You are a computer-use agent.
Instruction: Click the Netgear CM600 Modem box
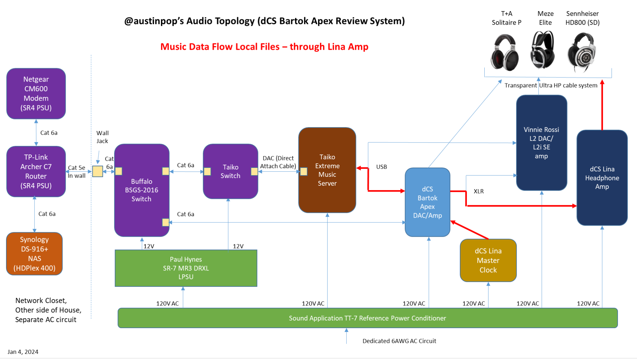coord(36,93)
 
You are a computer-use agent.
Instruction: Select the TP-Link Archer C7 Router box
coord(36,171)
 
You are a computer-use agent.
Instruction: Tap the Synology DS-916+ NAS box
coord(34,254)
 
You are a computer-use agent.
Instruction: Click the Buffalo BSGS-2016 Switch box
coord(141,190)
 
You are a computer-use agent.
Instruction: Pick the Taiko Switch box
coord(230,171)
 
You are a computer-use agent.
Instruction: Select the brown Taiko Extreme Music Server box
coord(327,170)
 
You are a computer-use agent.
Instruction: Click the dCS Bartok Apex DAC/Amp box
coord(427,202)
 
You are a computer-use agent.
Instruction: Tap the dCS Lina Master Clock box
coord(488,260)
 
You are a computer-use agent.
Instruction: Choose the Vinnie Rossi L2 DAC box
coord(541,143)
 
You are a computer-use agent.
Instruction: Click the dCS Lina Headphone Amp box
coord(602,178)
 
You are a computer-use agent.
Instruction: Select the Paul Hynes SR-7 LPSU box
coord(186,268)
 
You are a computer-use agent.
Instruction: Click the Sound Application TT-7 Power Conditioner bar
coord(367,318)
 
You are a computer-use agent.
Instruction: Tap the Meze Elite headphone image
coord(543,50)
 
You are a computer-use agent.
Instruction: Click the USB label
coord(381,167)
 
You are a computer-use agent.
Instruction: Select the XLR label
coord(478,191)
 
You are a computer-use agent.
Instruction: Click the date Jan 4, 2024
coord(23,352)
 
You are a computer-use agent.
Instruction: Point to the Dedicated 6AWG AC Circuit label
coord(399,341)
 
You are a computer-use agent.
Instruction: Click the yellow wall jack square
coord(98,171)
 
